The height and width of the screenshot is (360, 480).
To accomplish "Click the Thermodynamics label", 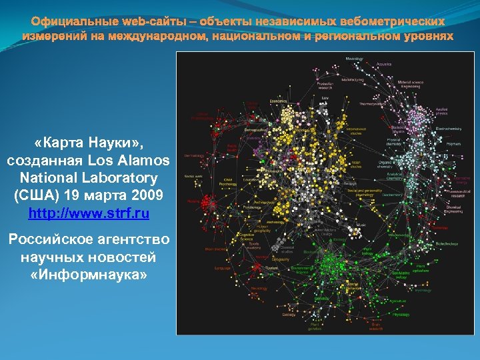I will point(372,104).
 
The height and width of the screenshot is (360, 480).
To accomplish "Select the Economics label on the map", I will point(278,101).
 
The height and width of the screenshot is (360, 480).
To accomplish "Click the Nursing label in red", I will point(194,201).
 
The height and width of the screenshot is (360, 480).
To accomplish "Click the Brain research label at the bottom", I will point(376,327).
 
